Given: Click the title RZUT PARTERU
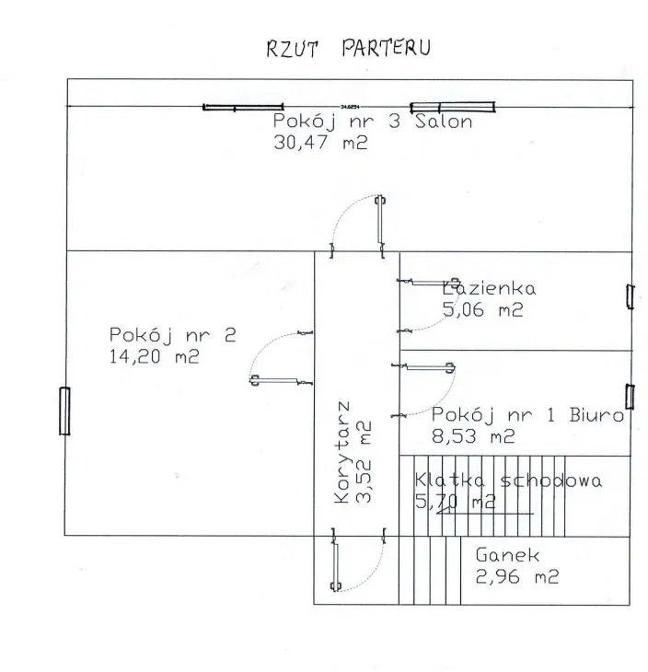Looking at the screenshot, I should click(x=348, y=49).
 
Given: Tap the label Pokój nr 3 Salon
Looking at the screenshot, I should click(x=373, y=123).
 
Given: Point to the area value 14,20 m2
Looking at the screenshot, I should click(x=154, y=355).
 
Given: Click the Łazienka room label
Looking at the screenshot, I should click(x=488, y=288).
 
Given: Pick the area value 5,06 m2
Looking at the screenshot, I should click(x=482, y=310).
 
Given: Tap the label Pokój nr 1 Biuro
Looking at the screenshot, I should click(x=528, y=415).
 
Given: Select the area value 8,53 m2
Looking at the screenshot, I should click(x=473, y=436).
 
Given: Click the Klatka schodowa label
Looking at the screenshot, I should click(x=508, y=481).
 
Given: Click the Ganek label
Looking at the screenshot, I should click(x=507, y=556).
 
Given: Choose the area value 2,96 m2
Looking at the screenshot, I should click(x=516, y=577).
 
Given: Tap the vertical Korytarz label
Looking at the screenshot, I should click(x=342, y=452).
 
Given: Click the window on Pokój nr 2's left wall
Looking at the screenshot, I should click(x=64, y=411).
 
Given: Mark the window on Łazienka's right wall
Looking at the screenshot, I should click(x=630, y=296).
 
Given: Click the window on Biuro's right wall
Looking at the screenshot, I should click(x=630, y=395).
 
